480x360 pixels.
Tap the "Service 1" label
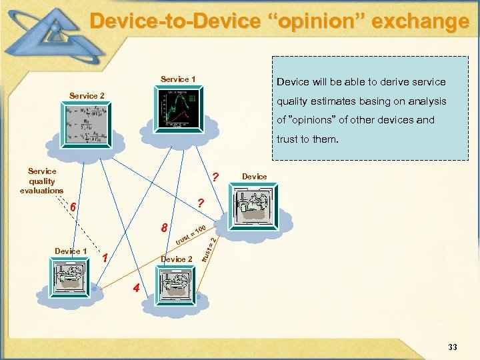click(177, 80)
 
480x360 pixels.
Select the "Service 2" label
click(87, 96)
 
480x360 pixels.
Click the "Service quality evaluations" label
click(42, 181)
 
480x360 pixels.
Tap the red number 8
click(165, 229)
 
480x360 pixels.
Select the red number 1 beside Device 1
click(105, 257)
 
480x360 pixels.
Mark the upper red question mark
click(215, 178)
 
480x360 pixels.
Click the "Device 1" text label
click(71, 251)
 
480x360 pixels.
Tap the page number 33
click(452, 347)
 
